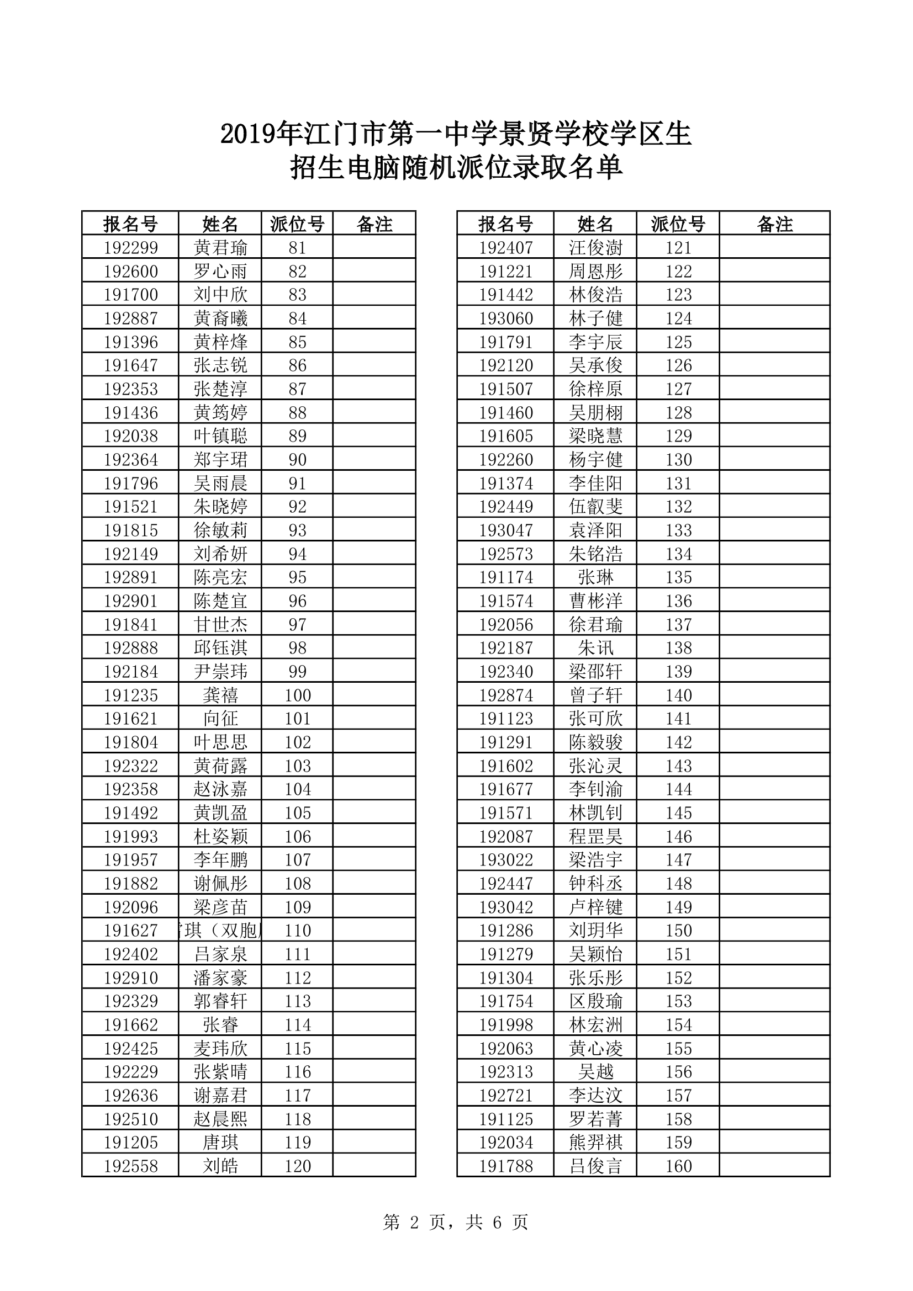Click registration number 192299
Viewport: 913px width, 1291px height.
(x=130, y=248)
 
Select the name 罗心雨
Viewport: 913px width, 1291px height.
(x=220, y=272)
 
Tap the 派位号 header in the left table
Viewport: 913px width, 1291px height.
(x=297, y=224)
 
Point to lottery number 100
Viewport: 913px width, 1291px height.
(x=297, y=695)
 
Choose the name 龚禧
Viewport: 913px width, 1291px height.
(x=220, y=695)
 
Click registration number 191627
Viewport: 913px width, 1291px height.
(x=130, y=931)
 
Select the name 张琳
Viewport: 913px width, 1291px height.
(x=595, y=577)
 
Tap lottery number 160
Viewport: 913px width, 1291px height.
(x=678, y=1166)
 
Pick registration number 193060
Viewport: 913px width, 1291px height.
(x=506, y=319)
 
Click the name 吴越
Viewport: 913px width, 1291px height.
(x=595, y=1072)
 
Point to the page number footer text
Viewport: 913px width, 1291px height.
(x=456, y=1222)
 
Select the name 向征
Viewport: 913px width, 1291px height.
(x=220, y=719)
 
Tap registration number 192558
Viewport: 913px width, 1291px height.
(x=130, y=1166)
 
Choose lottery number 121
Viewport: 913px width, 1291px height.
(x=678, y=248)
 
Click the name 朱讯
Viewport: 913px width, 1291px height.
(x=595, y=649)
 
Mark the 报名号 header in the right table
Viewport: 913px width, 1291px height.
(x=506, y=224)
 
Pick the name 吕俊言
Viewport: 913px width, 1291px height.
(x=595, y=1166)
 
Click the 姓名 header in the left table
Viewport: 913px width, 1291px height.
(x=220, y=224)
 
